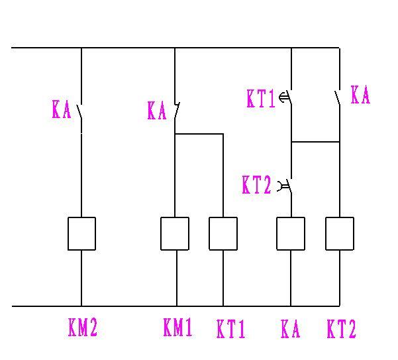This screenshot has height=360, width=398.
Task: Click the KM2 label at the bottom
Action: point(83,328)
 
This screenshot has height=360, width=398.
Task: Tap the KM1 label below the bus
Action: point(177,328)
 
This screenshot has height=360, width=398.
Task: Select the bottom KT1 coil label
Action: point(231,330)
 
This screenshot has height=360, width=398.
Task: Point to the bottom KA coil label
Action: point(291,329)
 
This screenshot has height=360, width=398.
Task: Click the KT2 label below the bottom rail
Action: point(342,329)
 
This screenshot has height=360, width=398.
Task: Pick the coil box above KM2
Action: point(81,233)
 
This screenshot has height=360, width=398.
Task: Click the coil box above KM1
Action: point(175,233)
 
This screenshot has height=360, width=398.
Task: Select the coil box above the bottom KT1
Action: point(223,233)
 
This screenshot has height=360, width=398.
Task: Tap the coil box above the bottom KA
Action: point(290,233)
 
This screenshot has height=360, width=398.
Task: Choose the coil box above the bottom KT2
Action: point(340,233)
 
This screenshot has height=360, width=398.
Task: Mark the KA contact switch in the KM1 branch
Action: point(175,111)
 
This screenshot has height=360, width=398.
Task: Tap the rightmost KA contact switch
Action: point(338,98)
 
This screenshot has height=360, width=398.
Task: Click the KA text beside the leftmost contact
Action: point(61,109)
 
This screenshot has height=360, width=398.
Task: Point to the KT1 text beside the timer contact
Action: point(260,99)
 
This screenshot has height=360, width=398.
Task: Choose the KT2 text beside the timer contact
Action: point(257,186)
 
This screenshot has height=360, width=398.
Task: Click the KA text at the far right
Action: point(360,95)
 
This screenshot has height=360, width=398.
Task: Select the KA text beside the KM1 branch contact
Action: point(156,111)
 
